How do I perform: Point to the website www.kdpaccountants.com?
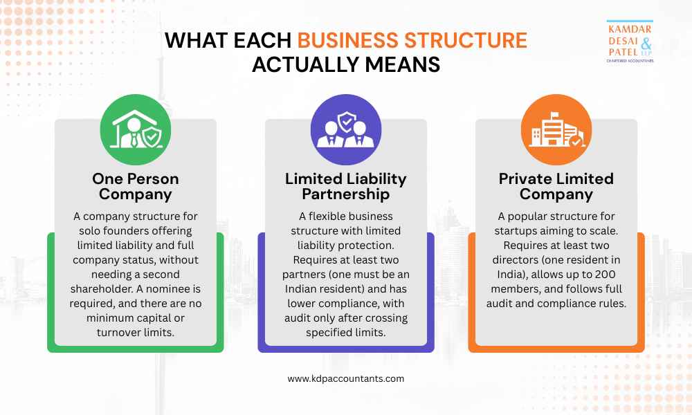coord(346,378)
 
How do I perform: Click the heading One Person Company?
coord(136,186)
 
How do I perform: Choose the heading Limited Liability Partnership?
coord(346,186)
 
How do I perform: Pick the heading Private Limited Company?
coord(556,186)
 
